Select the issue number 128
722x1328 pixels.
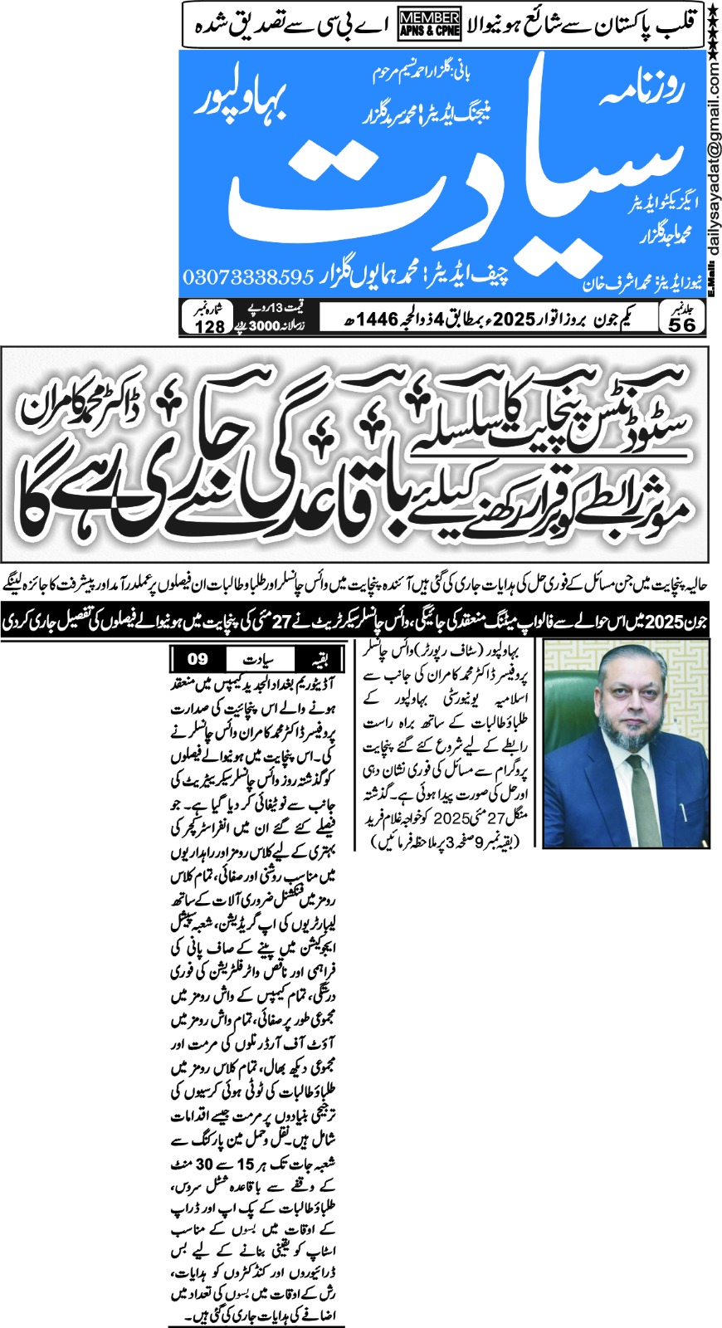tap(209, 325)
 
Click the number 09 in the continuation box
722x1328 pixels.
tap(197, 660)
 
